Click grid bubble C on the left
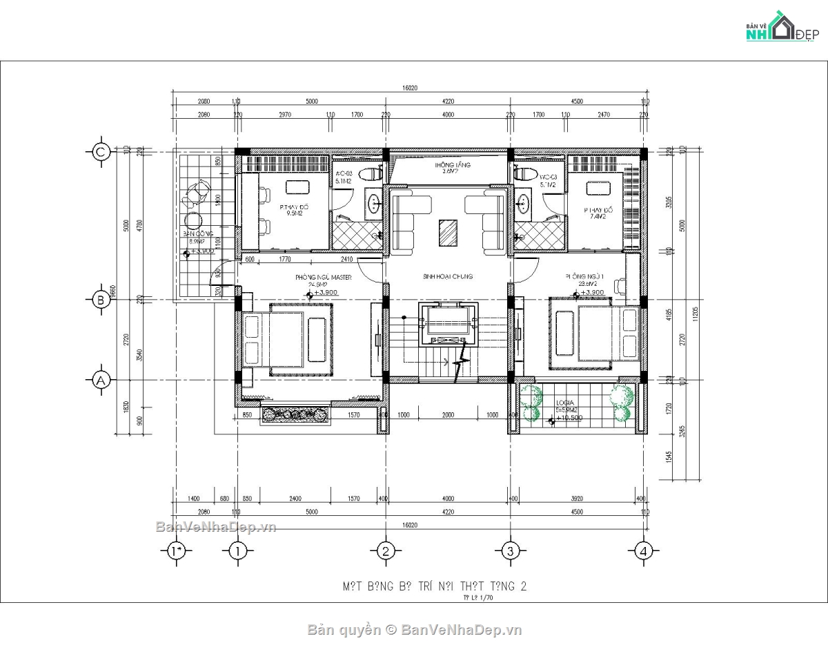101,152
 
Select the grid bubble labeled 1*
177,550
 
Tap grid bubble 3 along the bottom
510,550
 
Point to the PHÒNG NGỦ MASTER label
324,278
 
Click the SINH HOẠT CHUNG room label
448,276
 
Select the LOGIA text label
564,401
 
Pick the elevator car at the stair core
448,323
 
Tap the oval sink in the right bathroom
523,203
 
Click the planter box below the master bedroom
295,415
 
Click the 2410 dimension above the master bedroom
347,260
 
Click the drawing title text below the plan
435,586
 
